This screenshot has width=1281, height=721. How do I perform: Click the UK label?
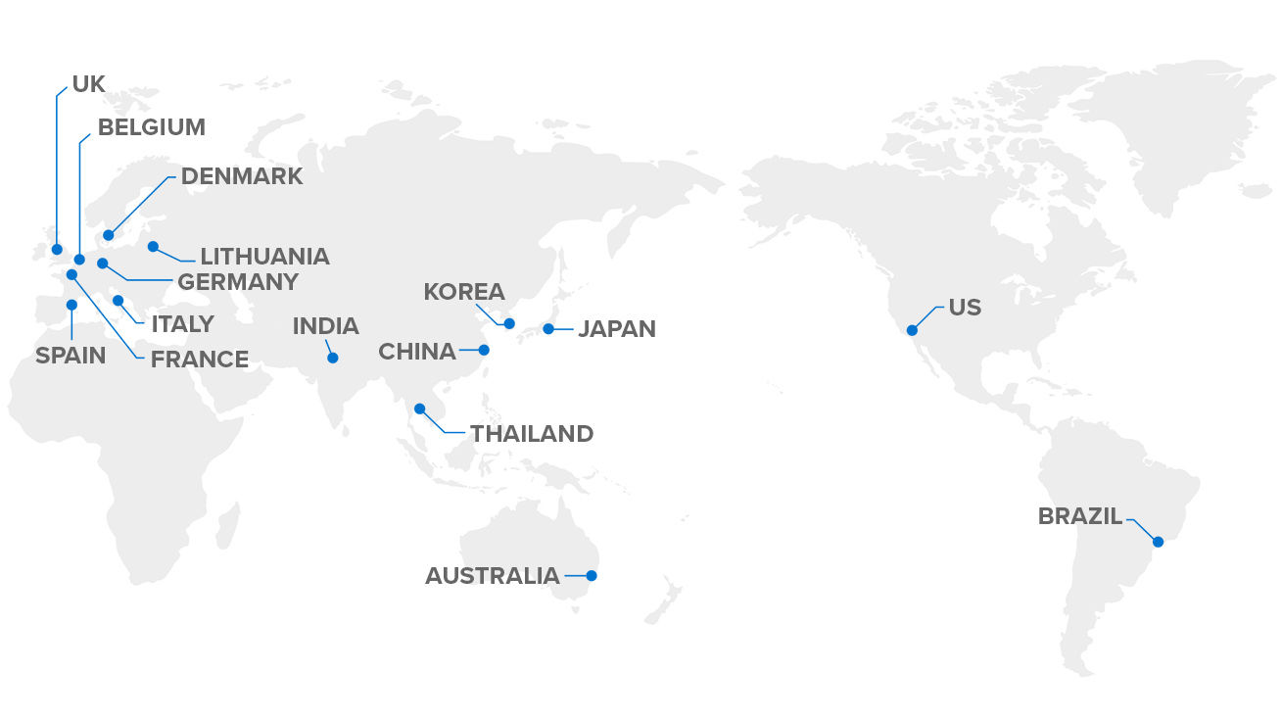[x=88, y=84]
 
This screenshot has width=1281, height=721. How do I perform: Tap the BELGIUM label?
[x=151, y=127]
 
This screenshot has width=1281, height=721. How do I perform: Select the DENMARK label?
[x=242, y=176]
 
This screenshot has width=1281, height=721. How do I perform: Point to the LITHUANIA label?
[x=264, y=257]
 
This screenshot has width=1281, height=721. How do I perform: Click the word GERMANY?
[x=237, y=282]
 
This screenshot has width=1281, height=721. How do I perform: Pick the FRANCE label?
[x=200, y=360]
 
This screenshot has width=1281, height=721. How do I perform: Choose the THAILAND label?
[x=532, y=434]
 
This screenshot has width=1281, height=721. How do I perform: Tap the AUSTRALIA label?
[x=492, y=576]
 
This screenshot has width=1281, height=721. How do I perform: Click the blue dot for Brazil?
[x=1158, y=542]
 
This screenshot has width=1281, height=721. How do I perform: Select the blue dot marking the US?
[x=912, y=330]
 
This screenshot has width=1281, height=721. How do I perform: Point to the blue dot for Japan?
[x=548, y=328]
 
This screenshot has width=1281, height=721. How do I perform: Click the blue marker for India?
[x=333, y=359]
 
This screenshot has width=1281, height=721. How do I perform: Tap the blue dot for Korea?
[x=509, y=323]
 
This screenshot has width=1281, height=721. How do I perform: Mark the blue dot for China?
[x=484, y=350]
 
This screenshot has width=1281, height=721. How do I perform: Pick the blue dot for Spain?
[x=71, y=305]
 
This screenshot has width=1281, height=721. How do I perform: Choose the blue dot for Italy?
[x=118, y=301]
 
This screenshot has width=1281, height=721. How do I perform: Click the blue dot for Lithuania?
[x=153, y=246]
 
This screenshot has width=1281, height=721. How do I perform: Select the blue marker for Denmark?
[x=108, y=235]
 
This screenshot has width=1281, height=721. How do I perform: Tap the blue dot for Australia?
[x=592, y=576]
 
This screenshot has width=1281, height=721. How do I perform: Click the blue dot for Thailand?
[x=419, y=409]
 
